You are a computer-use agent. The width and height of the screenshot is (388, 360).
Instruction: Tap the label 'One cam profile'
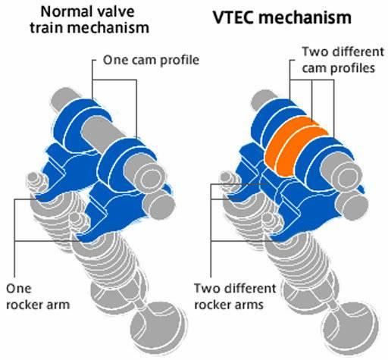coord(151,60)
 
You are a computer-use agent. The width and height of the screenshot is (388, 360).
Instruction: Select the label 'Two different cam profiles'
coord(343,60)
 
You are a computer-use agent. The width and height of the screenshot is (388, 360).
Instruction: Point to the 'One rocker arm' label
coord(38,296)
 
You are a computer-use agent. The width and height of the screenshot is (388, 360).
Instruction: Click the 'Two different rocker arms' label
coord(235,296)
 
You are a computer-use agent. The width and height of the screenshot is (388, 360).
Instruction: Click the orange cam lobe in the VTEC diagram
coord(296,146)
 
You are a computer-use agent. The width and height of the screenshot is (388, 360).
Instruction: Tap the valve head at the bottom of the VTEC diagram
coord(351,328)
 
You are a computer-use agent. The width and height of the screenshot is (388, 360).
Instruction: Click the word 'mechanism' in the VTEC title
coord(305,17)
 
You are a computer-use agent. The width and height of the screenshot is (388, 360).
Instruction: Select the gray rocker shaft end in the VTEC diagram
coord(352,204)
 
